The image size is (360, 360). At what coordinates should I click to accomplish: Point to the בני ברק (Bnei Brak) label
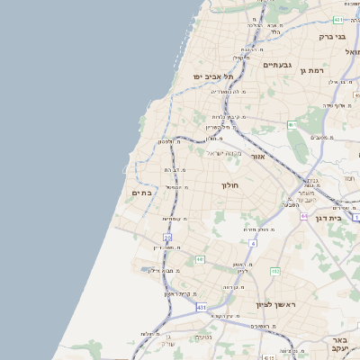(332, 37)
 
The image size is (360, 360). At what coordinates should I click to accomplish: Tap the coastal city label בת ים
(141, 192)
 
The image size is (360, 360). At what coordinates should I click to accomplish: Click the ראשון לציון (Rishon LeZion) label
(275, 305)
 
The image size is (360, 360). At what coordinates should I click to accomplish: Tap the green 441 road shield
(200, 259)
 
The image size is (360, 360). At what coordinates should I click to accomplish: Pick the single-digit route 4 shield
(253, 243)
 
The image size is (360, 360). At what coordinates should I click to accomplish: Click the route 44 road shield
(304, 216)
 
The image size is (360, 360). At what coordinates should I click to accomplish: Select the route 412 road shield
(275, 271)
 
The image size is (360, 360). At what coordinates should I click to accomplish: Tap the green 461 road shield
(292, 124)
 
